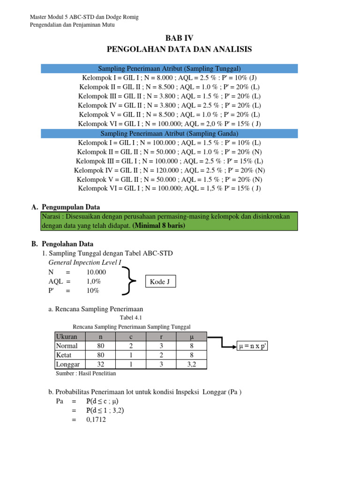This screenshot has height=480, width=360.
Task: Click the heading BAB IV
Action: point(180,38)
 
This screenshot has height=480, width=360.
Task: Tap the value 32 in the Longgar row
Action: point(101,364)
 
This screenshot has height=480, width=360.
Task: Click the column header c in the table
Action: point(131,337)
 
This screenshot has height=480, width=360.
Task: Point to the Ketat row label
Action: point(63,355)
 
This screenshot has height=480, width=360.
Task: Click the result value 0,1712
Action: point(96,420)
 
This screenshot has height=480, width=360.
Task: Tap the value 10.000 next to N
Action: point(96,272)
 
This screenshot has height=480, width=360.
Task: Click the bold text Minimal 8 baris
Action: point(159,225)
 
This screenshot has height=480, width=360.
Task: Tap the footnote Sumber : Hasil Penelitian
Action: point(86,373)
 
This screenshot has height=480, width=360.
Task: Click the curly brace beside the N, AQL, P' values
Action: point(129,281)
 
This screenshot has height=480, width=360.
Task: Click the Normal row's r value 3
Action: point(162,346)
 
